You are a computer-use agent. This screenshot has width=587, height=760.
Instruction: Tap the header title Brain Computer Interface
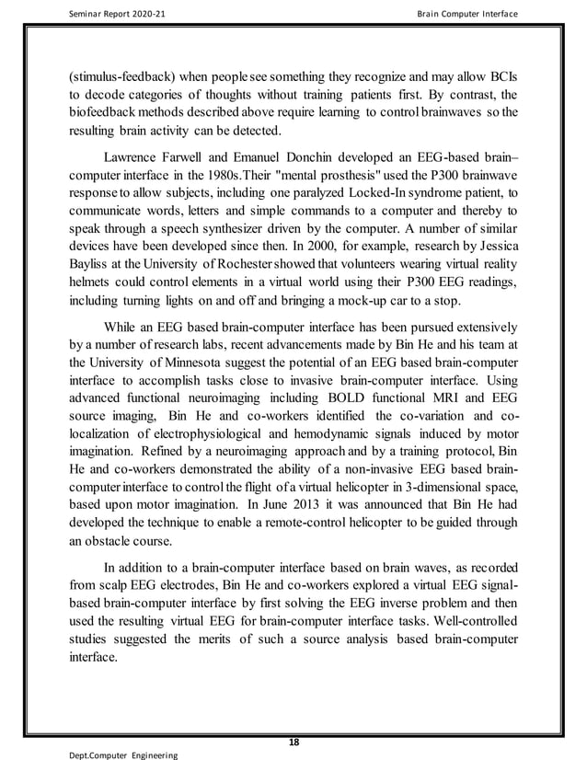[466, 14]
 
